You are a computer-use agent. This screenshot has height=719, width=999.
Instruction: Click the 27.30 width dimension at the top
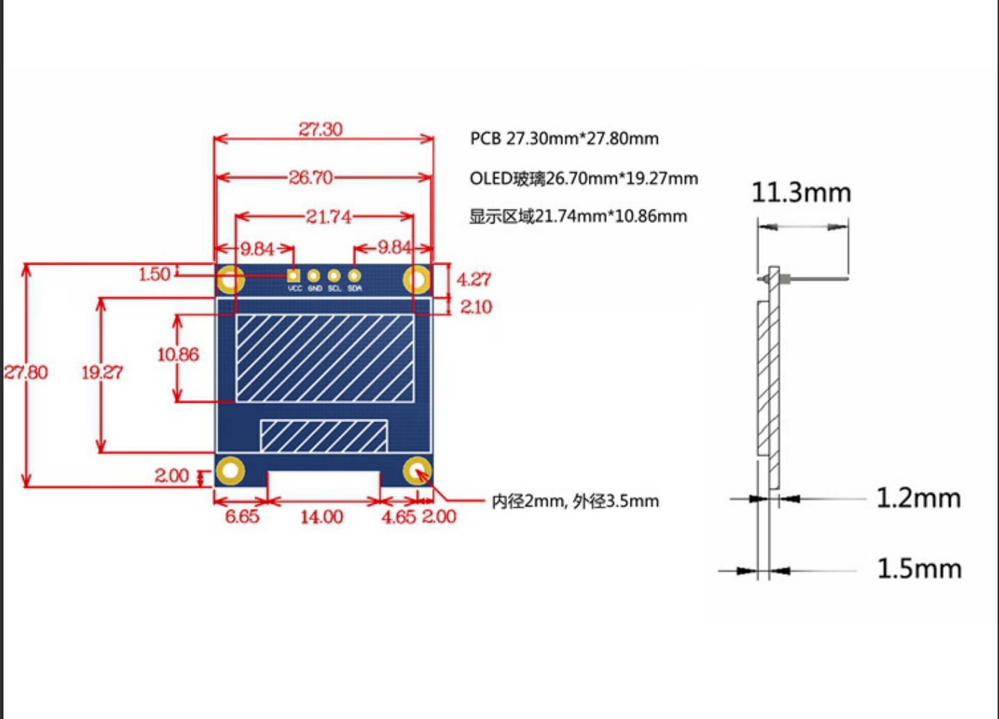coord(320,130)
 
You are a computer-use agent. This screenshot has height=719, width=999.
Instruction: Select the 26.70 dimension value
coord(311,178)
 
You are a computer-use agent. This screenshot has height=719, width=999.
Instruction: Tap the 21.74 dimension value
coord(329,217)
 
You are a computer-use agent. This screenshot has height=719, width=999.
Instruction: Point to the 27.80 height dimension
coord(25,373)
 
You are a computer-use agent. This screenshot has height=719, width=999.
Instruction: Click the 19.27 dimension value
coord(102,373)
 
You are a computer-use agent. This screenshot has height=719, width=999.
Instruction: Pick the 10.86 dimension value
coord(178,355)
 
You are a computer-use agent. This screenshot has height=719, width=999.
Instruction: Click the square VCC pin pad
coord(293,276)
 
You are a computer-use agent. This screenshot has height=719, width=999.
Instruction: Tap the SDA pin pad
coord(354,276)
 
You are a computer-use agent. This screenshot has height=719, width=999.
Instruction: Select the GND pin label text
coord(315,288)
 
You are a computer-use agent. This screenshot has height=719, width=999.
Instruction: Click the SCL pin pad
coord(334,276)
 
